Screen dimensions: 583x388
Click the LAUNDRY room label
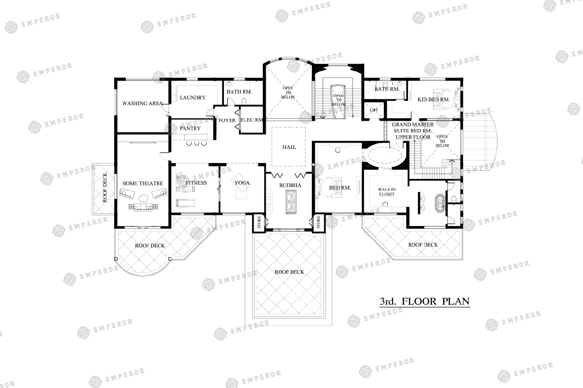tap(193, 97)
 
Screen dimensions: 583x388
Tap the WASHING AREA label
tap(142, 103)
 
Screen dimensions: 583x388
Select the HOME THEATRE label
tap(143, 183)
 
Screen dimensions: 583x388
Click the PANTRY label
tap(190, 129)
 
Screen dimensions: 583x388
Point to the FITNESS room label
tap(196, 183)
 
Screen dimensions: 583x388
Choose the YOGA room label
tap(242, 183)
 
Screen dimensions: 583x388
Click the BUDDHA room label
tap(290, 185)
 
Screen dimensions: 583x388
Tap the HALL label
tap(289, 147)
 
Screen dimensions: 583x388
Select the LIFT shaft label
tap(374, 110)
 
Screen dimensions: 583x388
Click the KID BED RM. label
tap(433, 99)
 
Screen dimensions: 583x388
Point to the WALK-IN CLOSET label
tap(387, 192)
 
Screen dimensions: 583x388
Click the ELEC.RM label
tap(252, 120)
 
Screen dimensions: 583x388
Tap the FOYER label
tap(227, 120)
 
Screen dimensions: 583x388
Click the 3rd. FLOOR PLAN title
tap(425, 302)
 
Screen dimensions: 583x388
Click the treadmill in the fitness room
tap(185, 203)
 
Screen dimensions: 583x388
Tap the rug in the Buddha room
tap(291, 202)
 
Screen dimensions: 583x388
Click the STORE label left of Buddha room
tap(259, 222)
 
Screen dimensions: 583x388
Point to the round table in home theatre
tap(143, 198)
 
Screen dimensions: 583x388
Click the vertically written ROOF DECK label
tap(105, 188)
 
